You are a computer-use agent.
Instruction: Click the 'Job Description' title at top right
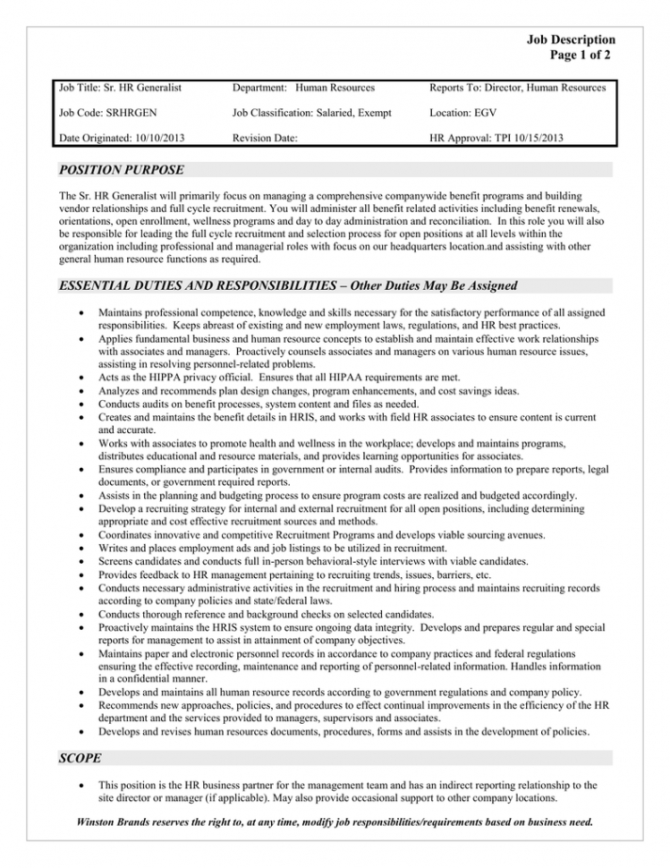(570, 40)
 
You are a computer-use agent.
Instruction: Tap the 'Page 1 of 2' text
(582, 56)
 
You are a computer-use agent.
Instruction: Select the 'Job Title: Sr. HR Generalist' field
(120, 88)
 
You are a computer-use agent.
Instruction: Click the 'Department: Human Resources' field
(302, 88)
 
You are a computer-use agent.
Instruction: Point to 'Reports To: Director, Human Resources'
(517, 88)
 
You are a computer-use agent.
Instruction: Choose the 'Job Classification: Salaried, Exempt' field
(310, 113)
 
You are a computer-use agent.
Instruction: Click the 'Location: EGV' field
(463, 113)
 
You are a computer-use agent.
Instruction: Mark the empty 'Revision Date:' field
(264, 138)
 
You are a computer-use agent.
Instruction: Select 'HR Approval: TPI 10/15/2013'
(496, 138)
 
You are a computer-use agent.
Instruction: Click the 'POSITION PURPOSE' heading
(121, 170)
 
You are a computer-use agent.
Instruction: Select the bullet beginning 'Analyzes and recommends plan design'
(308, 390)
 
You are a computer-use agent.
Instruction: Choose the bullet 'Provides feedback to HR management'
(295, 574)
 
